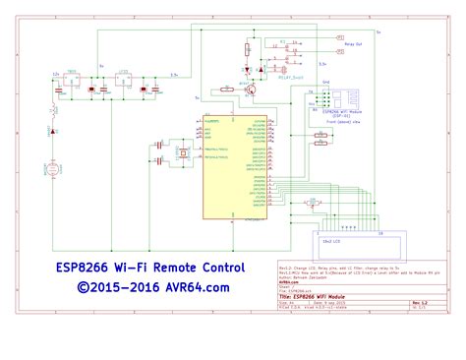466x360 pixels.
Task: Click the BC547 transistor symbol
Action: (x=253, y=90)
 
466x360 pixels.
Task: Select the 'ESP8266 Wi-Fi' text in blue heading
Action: (x=92, y=268)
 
